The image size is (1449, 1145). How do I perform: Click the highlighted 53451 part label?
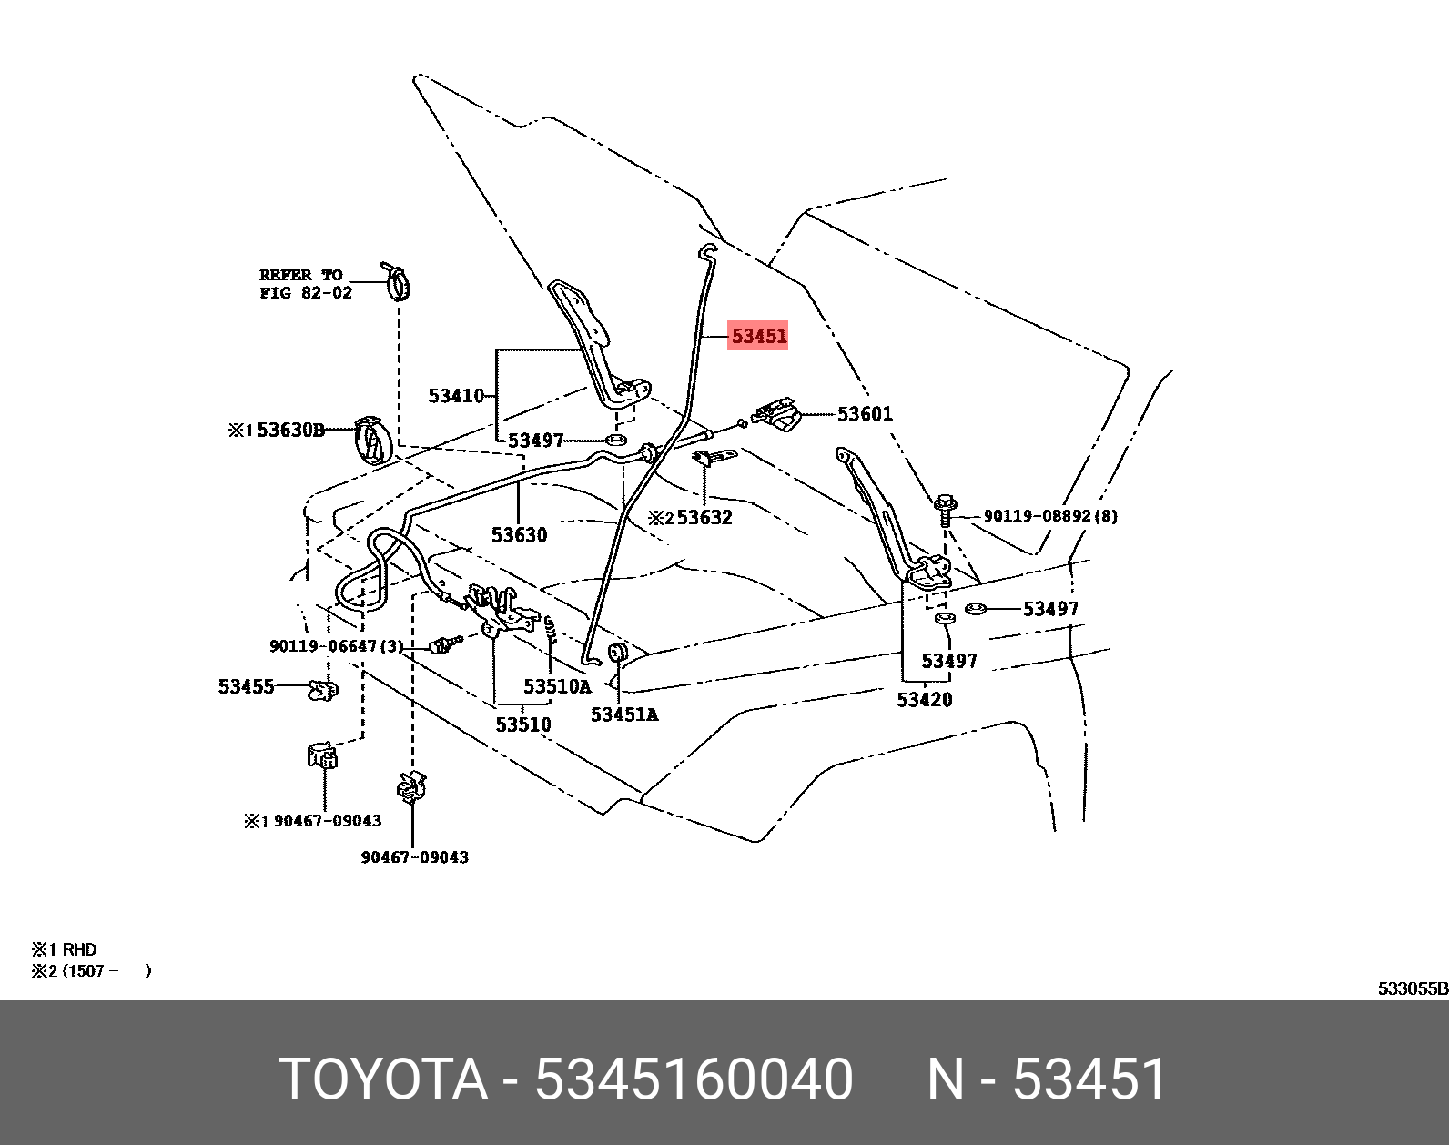click(759, 336)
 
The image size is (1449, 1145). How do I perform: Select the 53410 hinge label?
click(456, 396)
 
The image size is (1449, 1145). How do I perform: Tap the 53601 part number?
click(865, 414)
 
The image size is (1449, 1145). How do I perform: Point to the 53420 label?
click(924, 699)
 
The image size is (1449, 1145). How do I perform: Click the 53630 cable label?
click(520, 534)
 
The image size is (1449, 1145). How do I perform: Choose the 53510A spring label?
click(556, 686)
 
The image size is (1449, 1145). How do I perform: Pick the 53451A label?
click(623, 714)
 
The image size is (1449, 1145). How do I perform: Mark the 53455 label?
click(246, 686)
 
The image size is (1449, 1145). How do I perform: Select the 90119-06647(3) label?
click(335, 646)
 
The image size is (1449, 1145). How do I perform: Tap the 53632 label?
click(704, 518)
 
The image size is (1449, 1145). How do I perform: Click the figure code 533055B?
click(1412, 988)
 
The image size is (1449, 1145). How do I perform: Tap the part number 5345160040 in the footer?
click(694, 1079)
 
